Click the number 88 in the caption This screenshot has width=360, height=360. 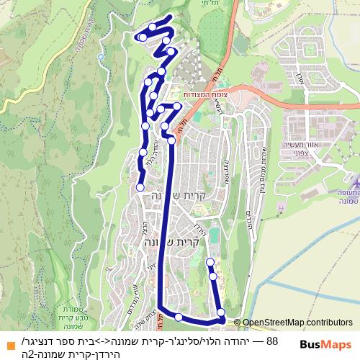[272, 339]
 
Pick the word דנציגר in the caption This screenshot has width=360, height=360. [45, 339]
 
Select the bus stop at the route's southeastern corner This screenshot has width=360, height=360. [221, 312]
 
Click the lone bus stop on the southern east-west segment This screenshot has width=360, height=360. [178, 317]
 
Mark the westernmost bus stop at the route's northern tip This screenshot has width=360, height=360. [143, 36]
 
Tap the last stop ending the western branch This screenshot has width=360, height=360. [140, 187]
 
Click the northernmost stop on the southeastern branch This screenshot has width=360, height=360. [210, 261]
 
